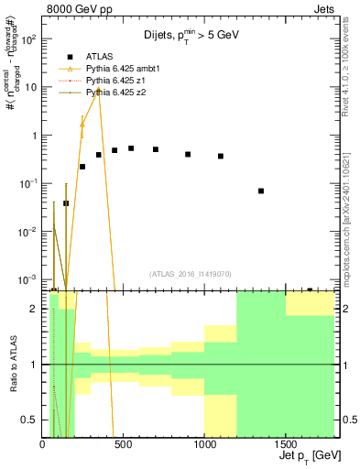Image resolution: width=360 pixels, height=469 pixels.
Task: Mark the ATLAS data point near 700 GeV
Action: click(156, 149)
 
